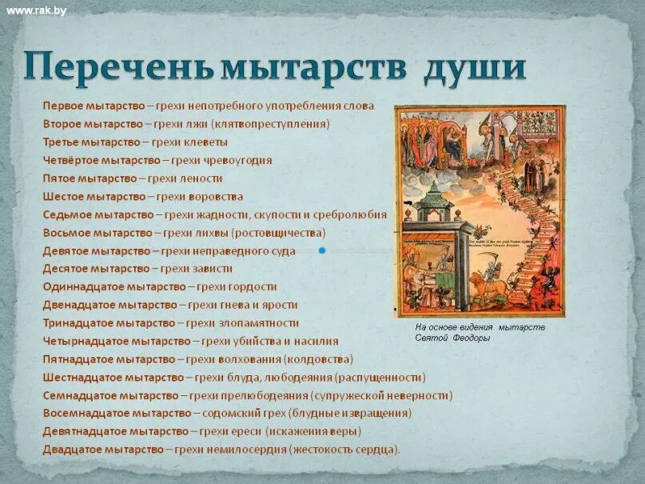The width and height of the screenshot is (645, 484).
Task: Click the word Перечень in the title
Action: (x=118, y=67)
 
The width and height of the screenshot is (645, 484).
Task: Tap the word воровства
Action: (x=217, y=197)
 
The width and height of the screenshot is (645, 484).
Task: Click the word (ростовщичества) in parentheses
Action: (x=278, y=233)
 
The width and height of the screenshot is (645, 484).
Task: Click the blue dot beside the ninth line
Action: (x=322, y=250)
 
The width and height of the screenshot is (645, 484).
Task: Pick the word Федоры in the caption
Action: (x=474, y=338)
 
